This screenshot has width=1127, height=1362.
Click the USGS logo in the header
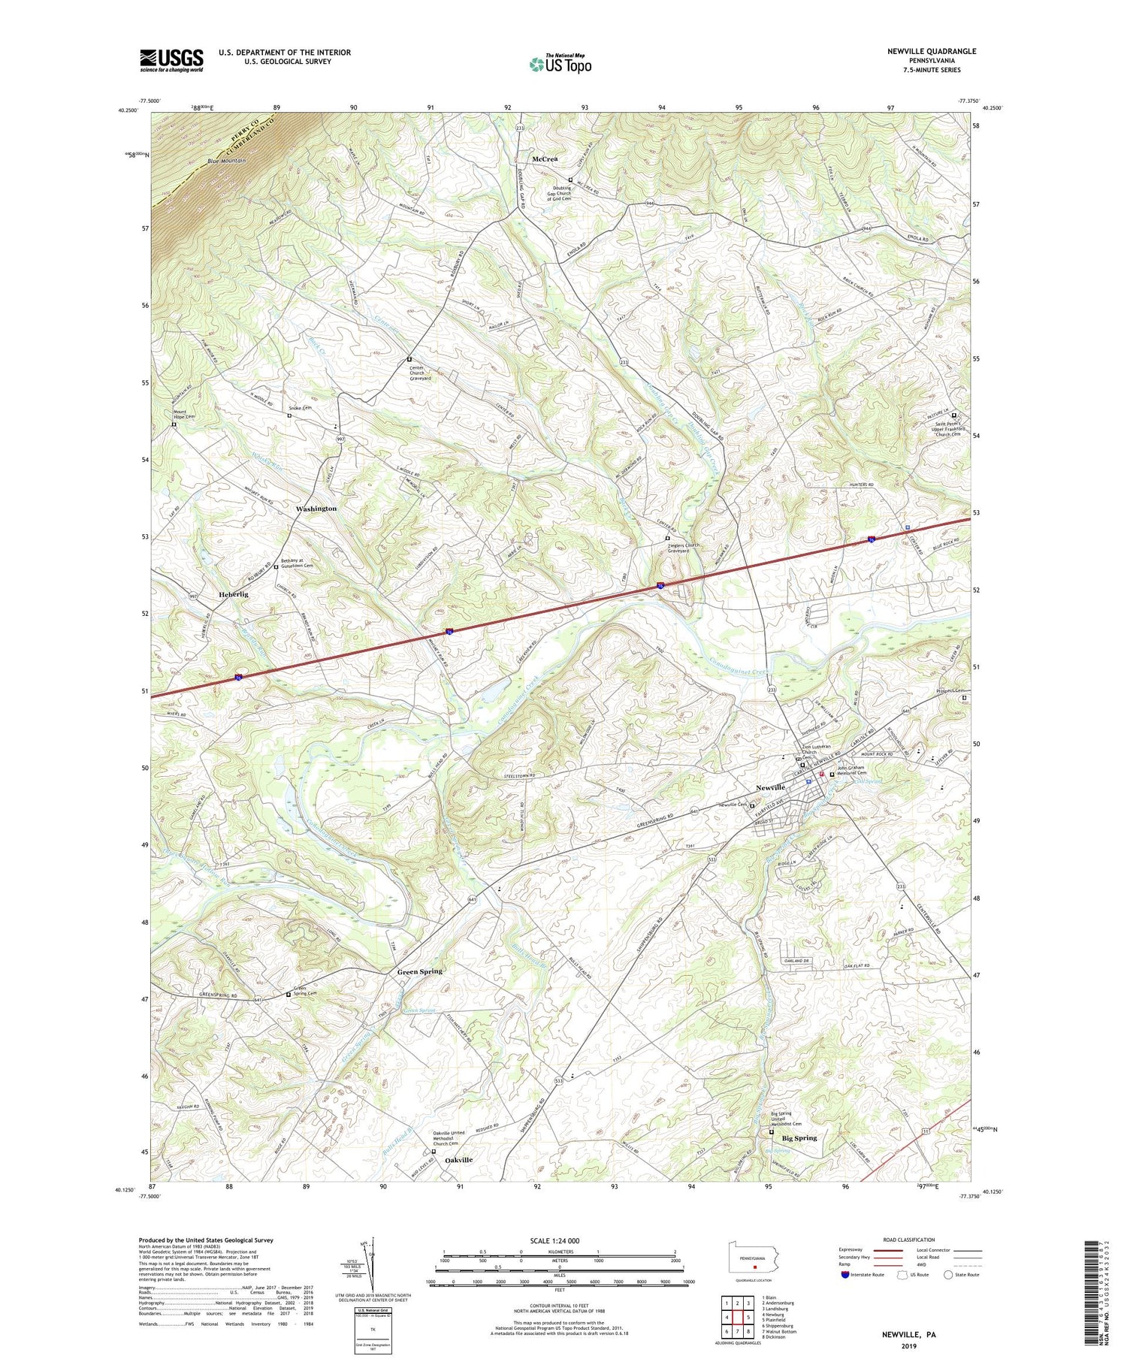point(171,60)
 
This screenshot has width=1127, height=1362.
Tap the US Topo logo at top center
point(560,65)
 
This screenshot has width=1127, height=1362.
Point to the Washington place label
point(316,509)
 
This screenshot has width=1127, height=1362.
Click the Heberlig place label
point(234,594)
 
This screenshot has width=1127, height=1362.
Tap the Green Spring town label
point(419,971)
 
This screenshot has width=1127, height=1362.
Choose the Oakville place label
point(458,1160)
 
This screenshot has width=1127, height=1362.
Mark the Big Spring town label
point(799,1137)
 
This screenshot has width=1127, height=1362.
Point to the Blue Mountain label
point(226,161)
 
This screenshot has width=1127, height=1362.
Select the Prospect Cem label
point(950,690)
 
